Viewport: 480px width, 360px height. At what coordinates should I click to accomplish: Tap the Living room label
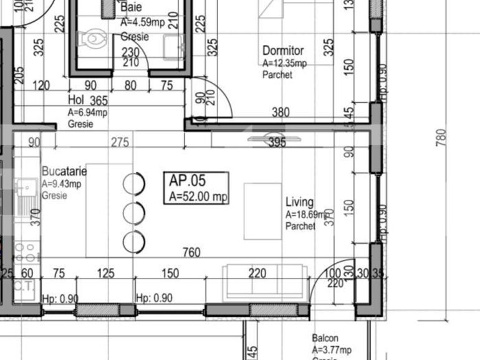(x=299, y=202)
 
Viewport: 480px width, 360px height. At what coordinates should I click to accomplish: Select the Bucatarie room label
(x=64, y=171)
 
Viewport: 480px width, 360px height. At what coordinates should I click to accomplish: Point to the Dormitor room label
(x=283, y=51)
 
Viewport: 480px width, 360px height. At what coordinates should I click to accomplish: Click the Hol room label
(x=75, y=100)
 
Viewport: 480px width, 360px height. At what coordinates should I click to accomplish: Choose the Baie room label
(x=131, y=7)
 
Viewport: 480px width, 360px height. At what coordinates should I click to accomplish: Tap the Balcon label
(x=325, y=338)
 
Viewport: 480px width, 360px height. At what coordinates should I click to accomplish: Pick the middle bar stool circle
(x=134, y=213)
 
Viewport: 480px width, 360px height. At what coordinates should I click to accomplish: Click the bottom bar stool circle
(x=134, y=241)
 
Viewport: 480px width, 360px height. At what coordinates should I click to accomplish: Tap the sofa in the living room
(x=266, y=282)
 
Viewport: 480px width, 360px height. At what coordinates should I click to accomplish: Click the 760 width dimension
(x=191, y=252)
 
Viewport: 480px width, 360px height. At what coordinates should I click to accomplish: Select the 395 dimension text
(x=276, y=143)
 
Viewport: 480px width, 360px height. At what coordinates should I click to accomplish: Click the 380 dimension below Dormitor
(x=281, y=113)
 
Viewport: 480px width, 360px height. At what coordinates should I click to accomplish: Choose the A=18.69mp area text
(x=307, y=215)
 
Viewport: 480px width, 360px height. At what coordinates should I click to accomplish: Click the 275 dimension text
(x=120, y=143)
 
